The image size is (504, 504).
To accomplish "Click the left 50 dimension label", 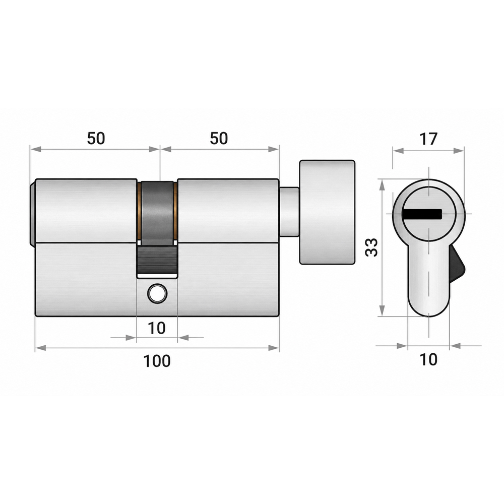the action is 96,138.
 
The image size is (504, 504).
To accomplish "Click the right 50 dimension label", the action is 219,138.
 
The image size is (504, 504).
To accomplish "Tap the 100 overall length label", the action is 157,361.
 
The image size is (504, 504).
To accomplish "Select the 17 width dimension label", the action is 428,139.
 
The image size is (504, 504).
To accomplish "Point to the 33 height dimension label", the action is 372,247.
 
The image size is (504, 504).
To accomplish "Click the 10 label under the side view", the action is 157,328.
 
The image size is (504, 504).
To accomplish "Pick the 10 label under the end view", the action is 428,359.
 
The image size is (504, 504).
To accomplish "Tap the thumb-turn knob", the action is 327,212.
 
